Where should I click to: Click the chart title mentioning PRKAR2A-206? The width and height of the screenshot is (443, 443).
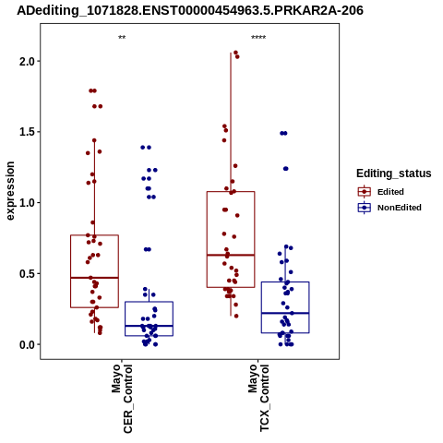click(x=190, y=10)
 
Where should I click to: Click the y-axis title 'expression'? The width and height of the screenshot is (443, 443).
click(x=10, y=191)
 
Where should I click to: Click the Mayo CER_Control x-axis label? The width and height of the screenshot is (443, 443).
click(x=122, y=399)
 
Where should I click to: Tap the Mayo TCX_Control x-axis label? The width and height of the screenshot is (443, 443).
click(x=258, y=398)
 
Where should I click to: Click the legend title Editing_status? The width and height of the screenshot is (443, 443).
click(x=394, y=174)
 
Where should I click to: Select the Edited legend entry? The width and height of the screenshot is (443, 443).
click(x=381, y=192)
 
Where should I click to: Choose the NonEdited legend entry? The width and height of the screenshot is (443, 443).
click(x=389, y=208)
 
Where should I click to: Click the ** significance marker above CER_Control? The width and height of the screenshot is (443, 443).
click(x=122, y=38)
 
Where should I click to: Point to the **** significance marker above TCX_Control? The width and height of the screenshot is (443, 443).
click(x=258, y=38)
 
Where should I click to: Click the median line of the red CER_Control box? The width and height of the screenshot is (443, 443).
click(x=94, y=278)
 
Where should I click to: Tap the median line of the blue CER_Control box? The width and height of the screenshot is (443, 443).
click(x=149, y=326)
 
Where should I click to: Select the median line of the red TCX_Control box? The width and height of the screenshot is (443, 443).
click(x=231, y=255)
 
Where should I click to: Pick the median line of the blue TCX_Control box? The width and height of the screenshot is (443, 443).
click(x=285, y=313)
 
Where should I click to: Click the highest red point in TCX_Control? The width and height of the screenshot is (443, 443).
click(x=235, y=53)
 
